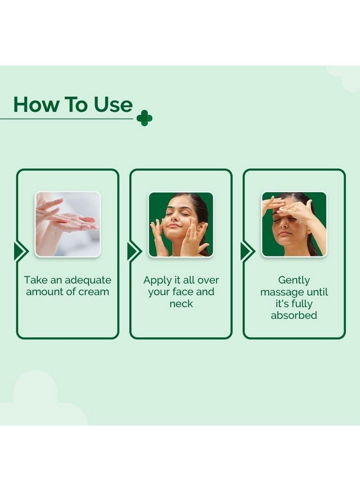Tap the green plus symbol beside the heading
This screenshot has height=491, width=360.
pyautogui.click(x=145, y=118)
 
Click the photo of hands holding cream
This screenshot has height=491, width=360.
pyautogui.click(x=68, y=224)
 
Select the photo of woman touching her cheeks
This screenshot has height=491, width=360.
pyautogui.click(x=181, y=224)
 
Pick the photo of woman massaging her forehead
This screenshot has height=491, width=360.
pyautogui.click(x=294, y=224)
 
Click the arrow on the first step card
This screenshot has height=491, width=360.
pyautogui.click(x=21, y=251)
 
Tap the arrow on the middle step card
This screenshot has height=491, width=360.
pyautogui.click(x=135, y=251)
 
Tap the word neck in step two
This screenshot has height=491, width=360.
pyautogui.click(x=181, y=303)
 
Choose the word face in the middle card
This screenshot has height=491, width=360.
pyautogui.click(x=183, y=292)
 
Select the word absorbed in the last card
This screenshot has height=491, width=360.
pyautogui.click(x=294, y=315)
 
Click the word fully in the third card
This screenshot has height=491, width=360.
pyautogui.click(x=302, y=304)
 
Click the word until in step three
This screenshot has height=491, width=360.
pyautogui.click(x=317, y=292)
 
